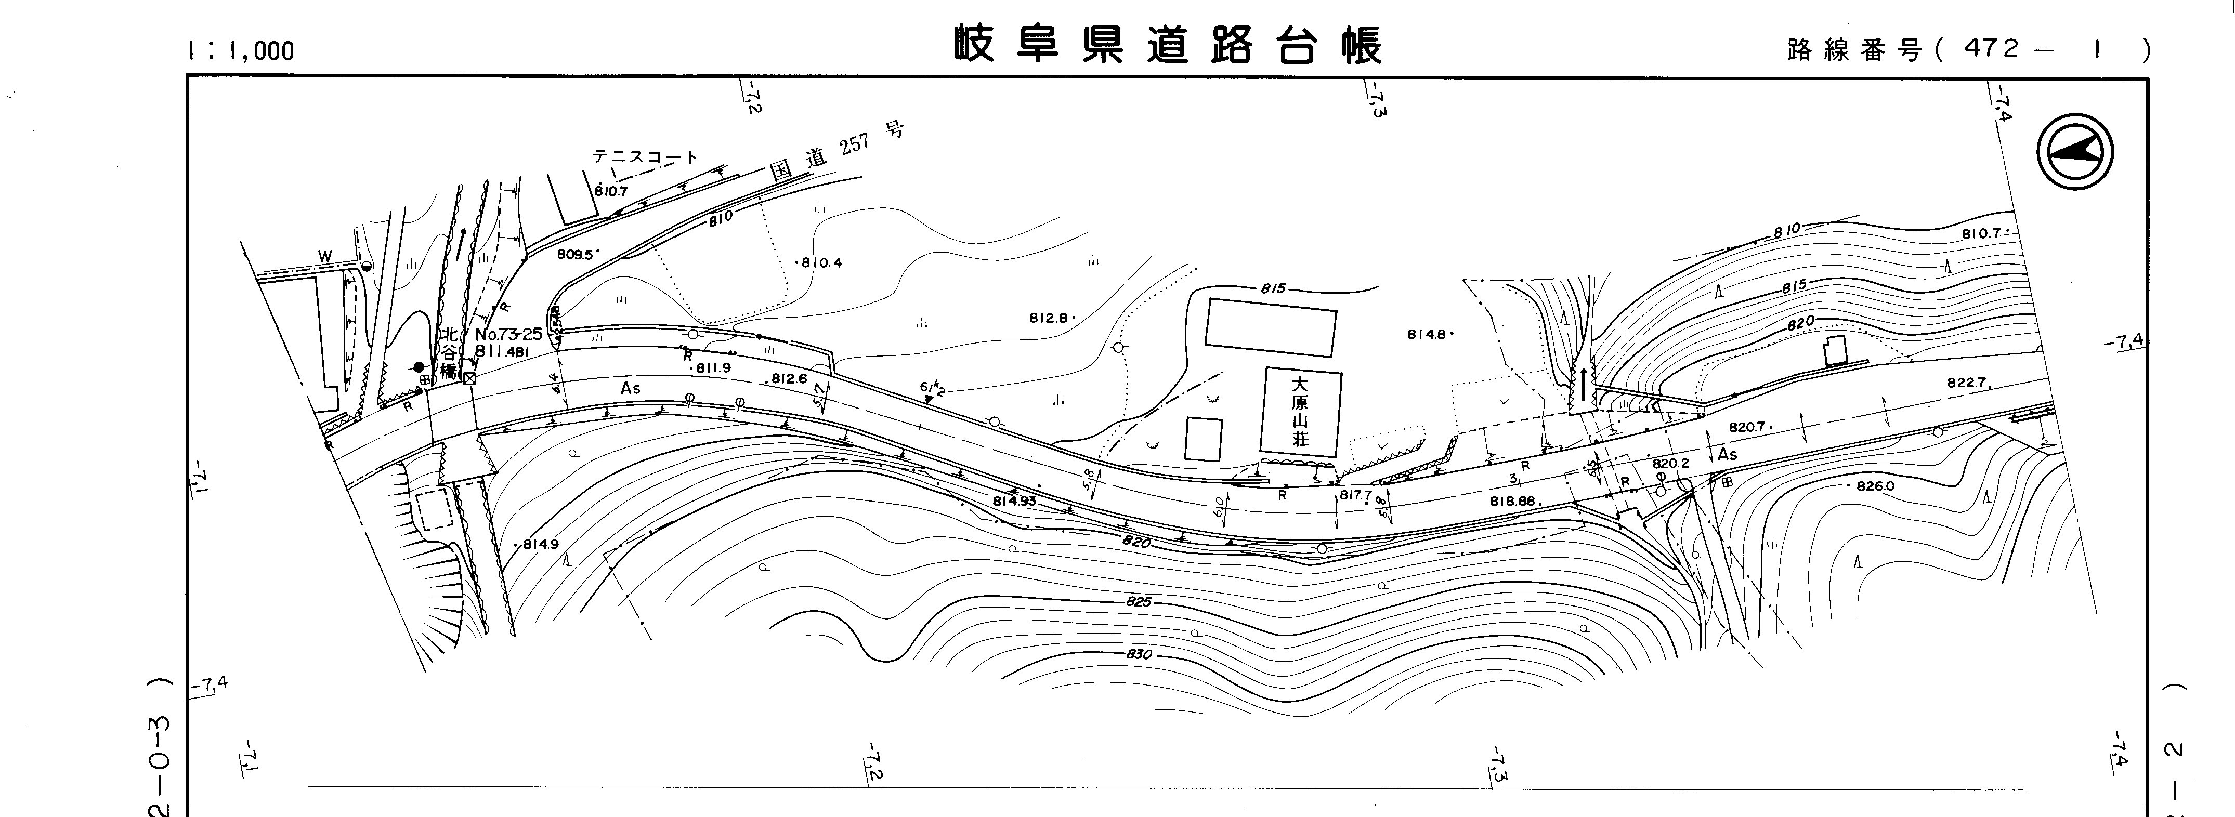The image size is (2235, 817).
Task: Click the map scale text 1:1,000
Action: (x=240, y=51)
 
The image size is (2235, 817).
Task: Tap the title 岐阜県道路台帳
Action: (x=1167, y=45)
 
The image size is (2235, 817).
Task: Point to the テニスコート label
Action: (x=645, y=157)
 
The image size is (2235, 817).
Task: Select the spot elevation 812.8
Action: (x=1049, y=318)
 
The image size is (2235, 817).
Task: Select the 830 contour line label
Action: (x=1139, y=654)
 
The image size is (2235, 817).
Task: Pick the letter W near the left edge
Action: (x=324, y=256)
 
